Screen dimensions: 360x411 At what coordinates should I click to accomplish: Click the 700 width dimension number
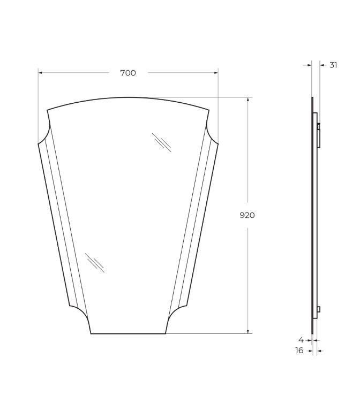(128, 73)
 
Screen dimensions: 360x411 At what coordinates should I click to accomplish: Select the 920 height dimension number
(247, 215)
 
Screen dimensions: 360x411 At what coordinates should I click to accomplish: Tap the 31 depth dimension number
(333, 65)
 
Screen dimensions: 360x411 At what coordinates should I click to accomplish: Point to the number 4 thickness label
(301, 340)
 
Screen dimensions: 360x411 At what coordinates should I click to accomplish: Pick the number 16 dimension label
(299, 351)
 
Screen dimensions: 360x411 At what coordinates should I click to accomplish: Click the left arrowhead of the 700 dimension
(40, 73)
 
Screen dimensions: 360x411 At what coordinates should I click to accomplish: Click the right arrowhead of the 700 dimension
(216, 73)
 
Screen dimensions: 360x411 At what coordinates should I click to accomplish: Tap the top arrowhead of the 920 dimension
(247, 100)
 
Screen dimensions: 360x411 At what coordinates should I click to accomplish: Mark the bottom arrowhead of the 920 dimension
(247, 331)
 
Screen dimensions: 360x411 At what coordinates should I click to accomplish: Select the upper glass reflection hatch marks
(162, 142)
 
